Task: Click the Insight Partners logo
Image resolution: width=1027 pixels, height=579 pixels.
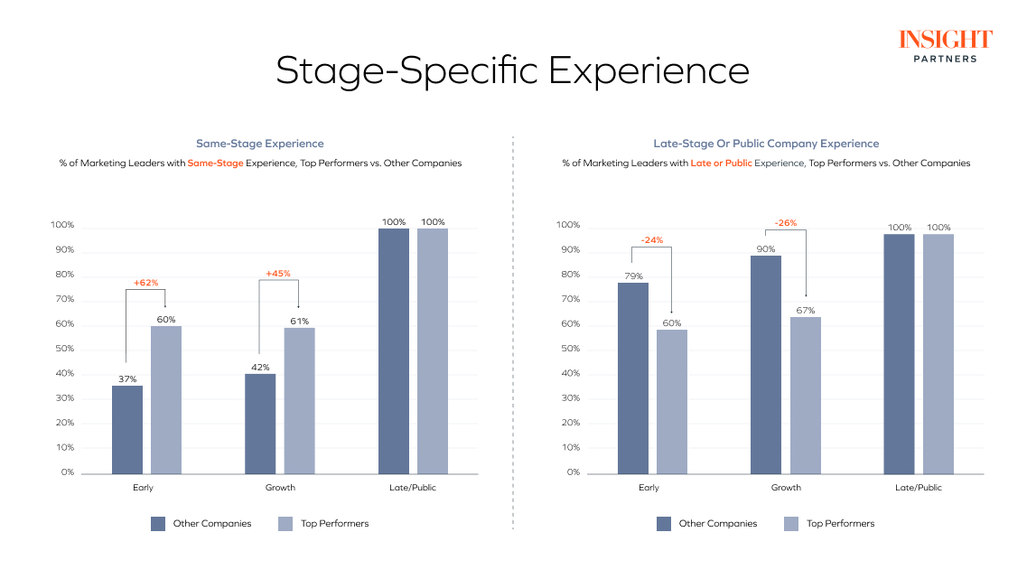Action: click(x=945, y=45)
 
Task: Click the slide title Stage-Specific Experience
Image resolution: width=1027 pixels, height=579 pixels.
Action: click(x=512, y=71)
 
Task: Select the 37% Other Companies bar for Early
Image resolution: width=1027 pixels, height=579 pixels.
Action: click(x=127, y=430)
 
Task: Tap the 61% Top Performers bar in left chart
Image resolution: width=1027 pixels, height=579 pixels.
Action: click(x=299, y=400)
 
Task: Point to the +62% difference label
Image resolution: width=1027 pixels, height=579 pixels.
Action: click(x=145, y=283)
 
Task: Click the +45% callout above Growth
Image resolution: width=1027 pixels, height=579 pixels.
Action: click(x=278, y=274)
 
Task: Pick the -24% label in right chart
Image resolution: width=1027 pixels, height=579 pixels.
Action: click(x=652, y=240)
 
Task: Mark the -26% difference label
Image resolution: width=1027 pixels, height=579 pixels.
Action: click(x=785, y=223)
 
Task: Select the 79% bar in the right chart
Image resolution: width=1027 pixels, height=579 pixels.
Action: click(x=633, y=378)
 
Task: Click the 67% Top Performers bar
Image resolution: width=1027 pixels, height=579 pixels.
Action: click(x=806, y=395)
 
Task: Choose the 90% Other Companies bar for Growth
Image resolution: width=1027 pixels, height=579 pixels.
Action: click(x=766, y=364)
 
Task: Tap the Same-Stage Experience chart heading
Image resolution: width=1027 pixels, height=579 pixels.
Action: click(x=260, y=144)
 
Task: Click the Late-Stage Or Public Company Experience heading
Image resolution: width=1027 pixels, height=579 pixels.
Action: click(x=766, y=144)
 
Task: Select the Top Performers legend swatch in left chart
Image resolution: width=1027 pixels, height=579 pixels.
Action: click(x=285, y=523)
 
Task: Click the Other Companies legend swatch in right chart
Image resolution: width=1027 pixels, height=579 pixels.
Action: click(x=664, y=523)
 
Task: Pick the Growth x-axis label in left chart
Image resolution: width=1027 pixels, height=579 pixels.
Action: click(x=280, y=488)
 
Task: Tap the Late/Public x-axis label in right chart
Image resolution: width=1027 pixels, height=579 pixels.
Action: click(x=919, y=488)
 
